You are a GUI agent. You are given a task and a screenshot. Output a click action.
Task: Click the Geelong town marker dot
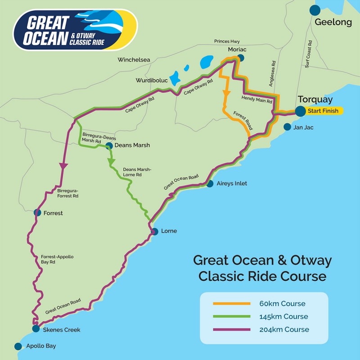[x=315, y=10]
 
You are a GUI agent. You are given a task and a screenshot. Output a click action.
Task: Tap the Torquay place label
[x=315, y=99]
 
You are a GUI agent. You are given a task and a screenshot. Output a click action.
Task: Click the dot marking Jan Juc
[x=287, y=127]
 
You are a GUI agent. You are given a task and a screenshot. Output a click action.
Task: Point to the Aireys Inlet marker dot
[x=210, y=184]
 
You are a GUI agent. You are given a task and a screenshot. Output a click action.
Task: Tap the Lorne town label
[x=169, y=231]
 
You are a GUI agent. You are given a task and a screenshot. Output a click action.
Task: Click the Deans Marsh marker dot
[x=109, y=145]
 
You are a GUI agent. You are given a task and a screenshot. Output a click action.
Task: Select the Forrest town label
[x=53, y=213]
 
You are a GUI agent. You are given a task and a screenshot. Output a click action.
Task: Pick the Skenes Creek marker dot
[x=36, y=329]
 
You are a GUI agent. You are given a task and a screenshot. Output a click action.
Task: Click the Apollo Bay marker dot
[x=18, y=346]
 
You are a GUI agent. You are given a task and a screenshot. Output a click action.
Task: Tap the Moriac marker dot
[x=241, y=58]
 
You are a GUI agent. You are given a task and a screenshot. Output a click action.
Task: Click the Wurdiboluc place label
[x=152, y=81]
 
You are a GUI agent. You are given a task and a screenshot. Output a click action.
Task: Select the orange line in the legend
[x=231, y=304]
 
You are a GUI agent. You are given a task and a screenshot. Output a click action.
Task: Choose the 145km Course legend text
[x=283, y=316]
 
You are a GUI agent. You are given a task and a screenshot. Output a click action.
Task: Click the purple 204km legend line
[x=231, y=329]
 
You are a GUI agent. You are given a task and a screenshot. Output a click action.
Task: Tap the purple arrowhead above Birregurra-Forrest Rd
[x=63, y=165]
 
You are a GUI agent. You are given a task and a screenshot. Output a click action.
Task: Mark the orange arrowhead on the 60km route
[x=226, y=93]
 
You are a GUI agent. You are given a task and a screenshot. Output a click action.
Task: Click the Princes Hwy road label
[x=227, y=41]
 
